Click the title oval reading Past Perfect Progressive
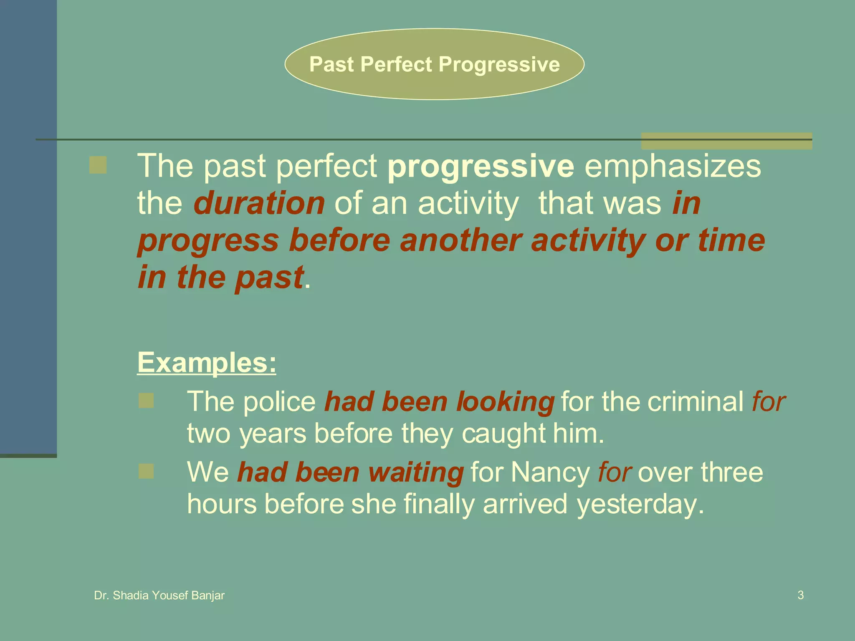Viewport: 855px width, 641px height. pyautogui.click(x=434, y=64)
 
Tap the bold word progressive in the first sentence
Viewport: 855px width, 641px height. pyautogui.click(x=481, y=166)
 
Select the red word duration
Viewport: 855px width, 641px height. pyautogui.click(x=259, y=203)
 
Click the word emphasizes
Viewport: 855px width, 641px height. pyautogui.click(x=673, y=166)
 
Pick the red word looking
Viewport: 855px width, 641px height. pyautogui.click(x=505, y=402)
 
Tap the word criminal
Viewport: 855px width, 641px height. pyautogui.click(x=695, y=401)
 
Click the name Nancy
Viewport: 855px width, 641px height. pyautogui.click(x=550, y=472)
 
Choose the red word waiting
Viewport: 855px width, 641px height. pyautogui.click(x=415, y=473)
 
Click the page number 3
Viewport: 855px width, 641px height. pyautogui.click(x=800, y=595)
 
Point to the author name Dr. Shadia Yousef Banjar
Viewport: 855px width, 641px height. pyautogui.click(x=159, y=596)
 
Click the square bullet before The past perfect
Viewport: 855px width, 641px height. pyautogui.click(x=98, y=165)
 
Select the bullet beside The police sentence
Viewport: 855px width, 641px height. pyautogui.click(x=146, y=401)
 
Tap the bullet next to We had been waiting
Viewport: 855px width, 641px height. pyautogui.click(x=146, y=472)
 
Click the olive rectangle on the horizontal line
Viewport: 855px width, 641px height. pyautogui.click(x=726, y=141)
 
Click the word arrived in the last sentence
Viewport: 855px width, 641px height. pyautogui.click(x=525, y=504)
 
